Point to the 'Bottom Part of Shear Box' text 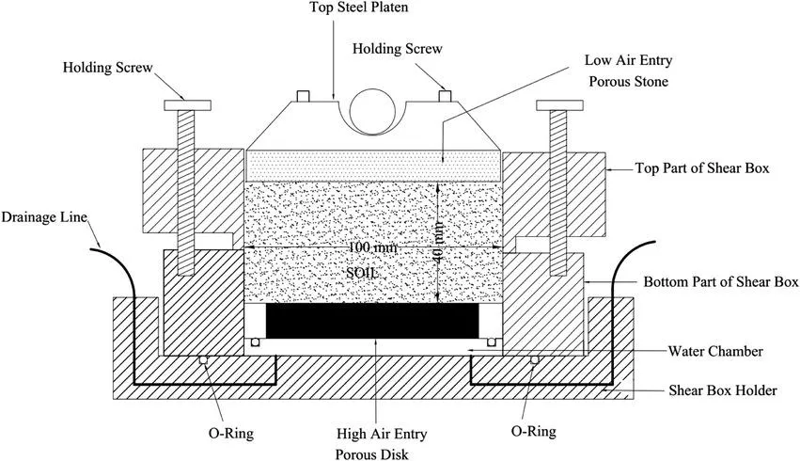coord(721,281)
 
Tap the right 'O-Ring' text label coord(533,432)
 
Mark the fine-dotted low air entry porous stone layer coord(373,167)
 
